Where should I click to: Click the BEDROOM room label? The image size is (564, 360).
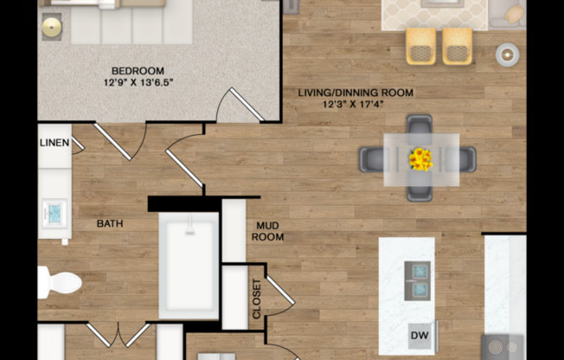tap(138, 71)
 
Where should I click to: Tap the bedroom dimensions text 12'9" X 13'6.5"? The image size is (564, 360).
tap(138, 83)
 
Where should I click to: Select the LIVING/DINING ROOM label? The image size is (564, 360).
tap(356, 93)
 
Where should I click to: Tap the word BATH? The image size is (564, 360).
tap(110, 223)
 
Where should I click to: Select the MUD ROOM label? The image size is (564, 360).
tap(267, 231)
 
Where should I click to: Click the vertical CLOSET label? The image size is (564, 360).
tap(256, 299)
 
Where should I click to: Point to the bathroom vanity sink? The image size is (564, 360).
tap(54, 213)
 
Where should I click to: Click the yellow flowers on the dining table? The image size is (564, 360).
tap(420, 158)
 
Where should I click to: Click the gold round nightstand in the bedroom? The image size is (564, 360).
tap(52, 27)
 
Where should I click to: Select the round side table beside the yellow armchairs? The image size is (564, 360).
tap(507, 55)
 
